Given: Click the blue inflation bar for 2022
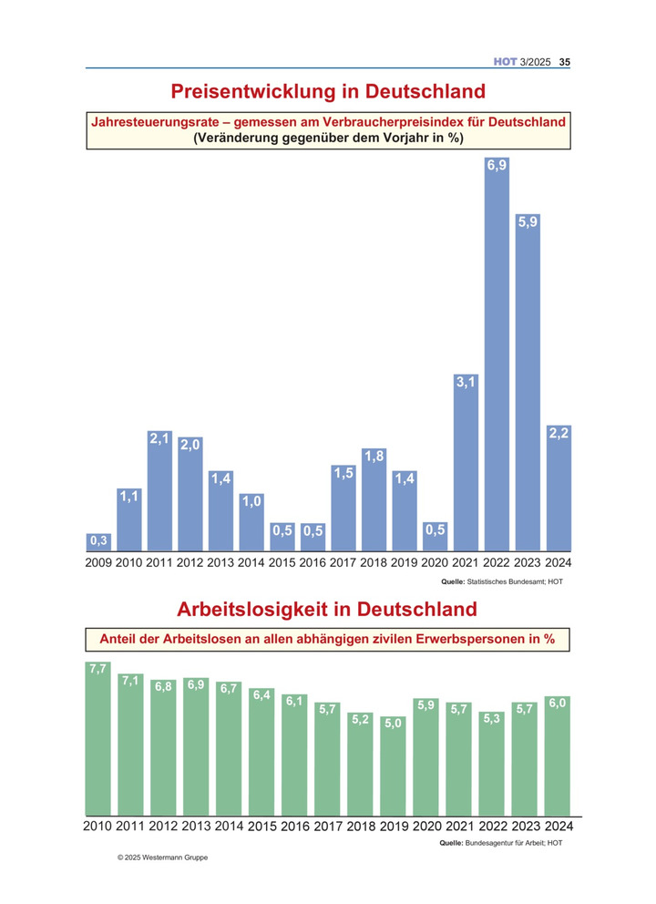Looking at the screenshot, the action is pos(497,354).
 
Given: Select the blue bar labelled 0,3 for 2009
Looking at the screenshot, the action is pos(98,542).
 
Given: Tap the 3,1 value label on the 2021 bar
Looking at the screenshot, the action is pos(466,382).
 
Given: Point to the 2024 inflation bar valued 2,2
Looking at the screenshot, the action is pos(559,488).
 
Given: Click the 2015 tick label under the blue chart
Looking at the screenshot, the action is pos(282,562).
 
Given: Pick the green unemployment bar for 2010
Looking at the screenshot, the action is pos(98,738).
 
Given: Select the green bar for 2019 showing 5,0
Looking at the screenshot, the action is pos(393,765).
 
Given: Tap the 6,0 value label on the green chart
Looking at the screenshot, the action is pos(558,704).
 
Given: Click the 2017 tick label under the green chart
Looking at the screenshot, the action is pos(328,827).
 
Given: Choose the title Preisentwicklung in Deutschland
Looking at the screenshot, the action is pos(328,91).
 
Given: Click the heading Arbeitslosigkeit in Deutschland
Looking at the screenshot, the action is pos(327,609).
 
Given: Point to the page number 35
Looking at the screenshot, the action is pos(564,62).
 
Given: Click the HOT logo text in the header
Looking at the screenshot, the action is pos(505,62).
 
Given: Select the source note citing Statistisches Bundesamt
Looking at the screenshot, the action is pos(501,581).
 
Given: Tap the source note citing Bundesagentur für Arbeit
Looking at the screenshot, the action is pos(500,843).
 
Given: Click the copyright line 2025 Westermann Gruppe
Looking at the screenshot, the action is pos(162,858).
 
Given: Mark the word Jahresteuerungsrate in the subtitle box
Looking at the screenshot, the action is pos(155,122).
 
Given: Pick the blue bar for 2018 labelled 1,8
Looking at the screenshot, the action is pos(374,499).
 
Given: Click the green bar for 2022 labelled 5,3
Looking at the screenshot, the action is pos(491,764).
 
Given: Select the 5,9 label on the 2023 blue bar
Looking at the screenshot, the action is pos(528,222).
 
